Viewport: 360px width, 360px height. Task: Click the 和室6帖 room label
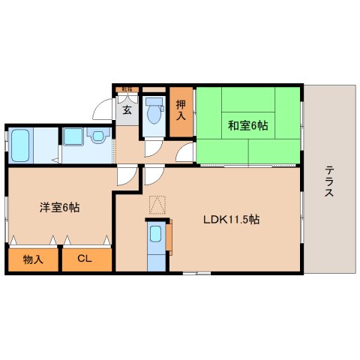(247, 125)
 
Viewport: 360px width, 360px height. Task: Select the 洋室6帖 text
(58, 208)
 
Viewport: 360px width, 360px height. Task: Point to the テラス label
(329, 181)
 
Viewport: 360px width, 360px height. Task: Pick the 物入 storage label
(32, 259)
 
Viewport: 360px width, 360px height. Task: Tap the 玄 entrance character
(127, 110)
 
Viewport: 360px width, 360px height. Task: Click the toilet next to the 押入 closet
(154, 111)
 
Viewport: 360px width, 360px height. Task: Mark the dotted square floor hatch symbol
(157, 202)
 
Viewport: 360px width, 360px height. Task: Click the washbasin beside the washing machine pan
(96, 136)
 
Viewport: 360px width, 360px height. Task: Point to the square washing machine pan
(73, 137)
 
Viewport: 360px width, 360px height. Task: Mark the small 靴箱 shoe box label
(126, 90)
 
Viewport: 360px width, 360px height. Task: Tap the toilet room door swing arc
(153, 145)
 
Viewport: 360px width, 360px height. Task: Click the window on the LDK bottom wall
(197, 273)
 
